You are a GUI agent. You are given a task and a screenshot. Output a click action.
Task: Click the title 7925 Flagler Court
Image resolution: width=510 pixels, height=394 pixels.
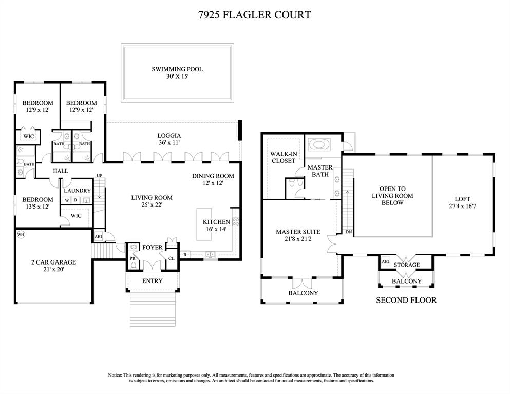[255, 15]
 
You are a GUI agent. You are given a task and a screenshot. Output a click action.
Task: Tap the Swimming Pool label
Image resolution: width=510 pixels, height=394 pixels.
[177, 69]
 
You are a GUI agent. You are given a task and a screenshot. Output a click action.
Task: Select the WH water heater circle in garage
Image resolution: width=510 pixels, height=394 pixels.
[21, 235]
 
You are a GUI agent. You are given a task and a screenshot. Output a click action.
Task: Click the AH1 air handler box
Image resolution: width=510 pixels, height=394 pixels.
[98, 236]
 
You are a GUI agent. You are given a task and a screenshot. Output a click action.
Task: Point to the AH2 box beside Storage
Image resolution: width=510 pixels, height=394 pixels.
[385, 261]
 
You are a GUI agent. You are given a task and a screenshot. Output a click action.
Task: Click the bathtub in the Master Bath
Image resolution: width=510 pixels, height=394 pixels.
[319, 144]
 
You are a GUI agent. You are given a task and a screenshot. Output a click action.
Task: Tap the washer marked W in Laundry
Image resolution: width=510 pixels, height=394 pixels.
[67, 200]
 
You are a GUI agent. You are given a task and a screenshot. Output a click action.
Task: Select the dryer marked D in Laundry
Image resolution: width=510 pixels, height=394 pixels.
[75, 200]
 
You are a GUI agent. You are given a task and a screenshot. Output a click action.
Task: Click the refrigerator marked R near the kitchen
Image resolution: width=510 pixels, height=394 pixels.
[185, 255]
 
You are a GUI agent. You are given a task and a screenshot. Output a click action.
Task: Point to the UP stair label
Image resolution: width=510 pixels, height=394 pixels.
[99, 175]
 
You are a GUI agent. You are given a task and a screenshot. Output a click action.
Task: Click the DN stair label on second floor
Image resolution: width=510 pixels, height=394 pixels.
[349, 232]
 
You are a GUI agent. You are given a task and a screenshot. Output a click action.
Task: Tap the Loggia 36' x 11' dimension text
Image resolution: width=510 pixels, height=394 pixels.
[169, 143]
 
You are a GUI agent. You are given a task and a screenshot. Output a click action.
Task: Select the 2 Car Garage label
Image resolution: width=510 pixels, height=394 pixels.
[53, 262]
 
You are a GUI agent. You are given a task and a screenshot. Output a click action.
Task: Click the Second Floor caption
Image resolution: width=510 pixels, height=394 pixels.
[406, 300]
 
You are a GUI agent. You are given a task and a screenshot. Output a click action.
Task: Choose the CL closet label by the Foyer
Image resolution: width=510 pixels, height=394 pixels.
[172, 258]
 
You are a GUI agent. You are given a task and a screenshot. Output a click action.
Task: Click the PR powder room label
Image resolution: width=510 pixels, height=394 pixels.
[133, 258]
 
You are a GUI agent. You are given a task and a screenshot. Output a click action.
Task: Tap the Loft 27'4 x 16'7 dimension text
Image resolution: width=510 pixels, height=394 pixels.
[462, 206]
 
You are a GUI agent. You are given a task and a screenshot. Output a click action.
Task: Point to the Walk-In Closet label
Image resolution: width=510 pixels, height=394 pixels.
[284, 157]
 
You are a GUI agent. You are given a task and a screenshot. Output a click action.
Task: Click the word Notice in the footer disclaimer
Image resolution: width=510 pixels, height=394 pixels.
[115, 375]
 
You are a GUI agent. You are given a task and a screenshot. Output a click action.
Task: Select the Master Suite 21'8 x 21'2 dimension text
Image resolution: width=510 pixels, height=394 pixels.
[298, 239]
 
